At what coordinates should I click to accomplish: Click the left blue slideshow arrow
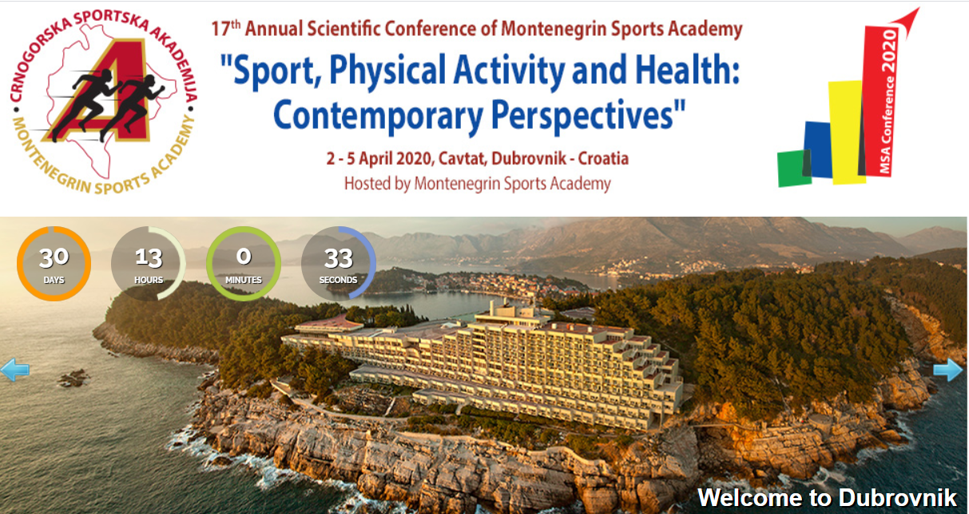14,369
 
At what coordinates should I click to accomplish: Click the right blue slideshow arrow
948,369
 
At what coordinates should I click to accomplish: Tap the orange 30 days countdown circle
54,263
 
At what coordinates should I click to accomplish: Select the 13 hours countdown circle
149,263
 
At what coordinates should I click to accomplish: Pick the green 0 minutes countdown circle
244,263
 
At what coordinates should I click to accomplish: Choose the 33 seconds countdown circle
338,263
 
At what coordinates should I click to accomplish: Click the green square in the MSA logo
794,169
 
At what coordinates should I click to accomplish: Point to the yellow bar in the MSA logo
847,132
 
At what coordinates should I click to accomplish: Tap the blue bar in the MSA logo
818,149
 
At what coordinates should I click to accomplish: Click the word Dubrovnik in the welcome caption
897,497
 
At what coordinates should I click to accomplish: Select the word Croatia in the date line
603,158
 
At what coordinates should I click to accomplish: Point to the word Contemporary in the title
378,115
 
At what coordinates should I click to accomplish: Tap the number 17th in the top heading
225,29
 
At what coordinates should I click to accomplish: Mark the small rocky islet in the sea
73,377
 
